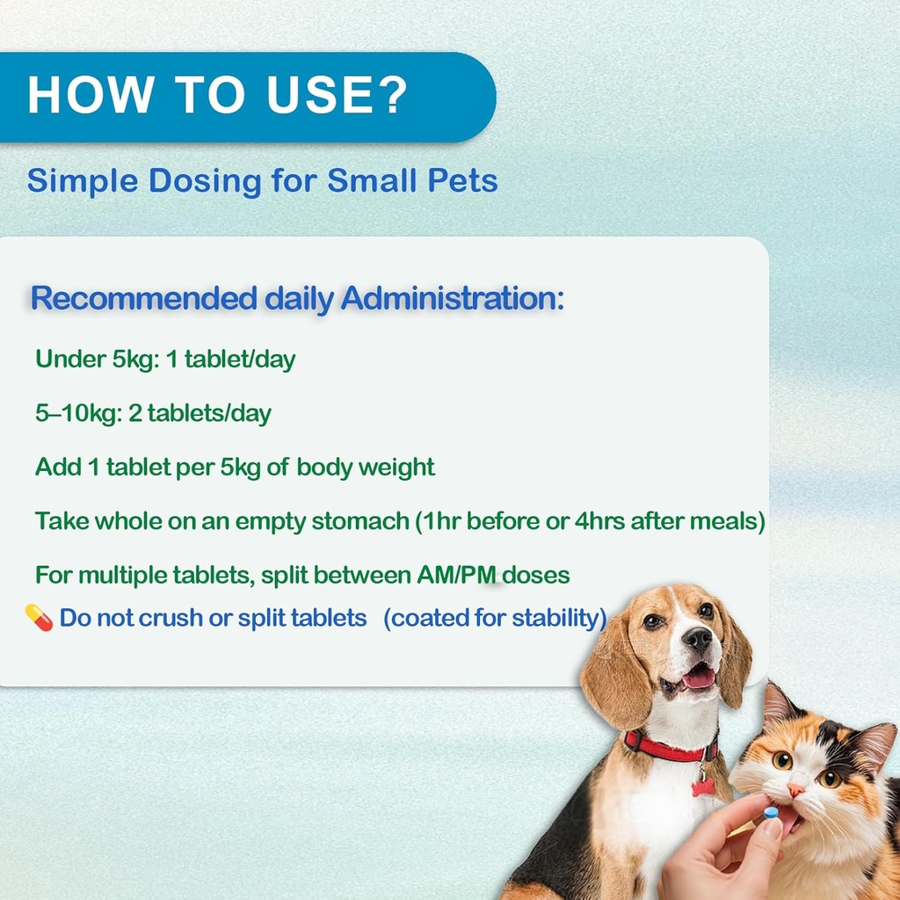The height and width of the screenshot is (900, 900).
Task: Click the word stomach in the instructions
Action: click(x=362, y=521)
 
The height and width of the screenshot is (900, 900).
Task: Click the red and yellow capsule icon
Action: click(x=40, y=617)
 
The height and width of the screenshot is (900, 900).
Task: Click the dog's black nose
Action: click(x=697, y=638)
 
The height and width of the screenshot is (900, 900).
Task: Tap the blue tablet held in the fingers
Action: click(x=771, y=814)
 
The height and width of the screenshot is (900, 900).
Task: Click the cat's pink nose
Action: click(x=795, y=790)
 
